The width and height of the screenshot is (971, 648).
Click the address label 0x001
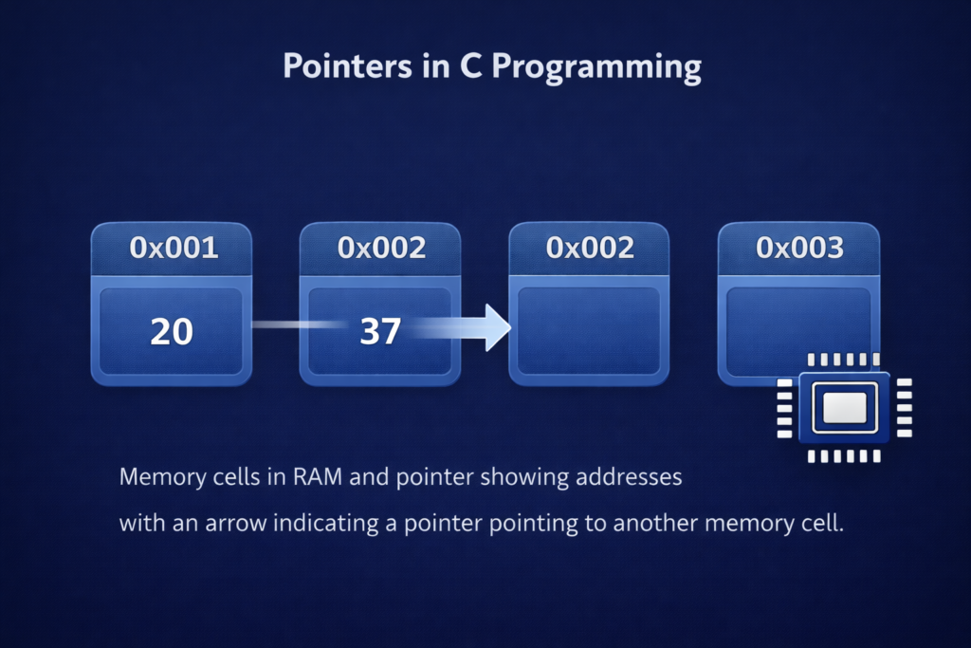[x=173, y=249]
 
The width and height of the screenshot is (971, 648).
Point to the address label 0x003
[x=799, y=249]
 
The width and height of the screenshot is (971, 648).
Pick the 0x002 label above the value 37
[x=381, y=249]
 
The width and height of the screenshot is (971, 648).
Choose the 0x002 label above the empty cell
[x=590, y=249]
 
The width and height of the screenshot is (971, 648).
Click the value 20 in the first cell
[x=172, y=331]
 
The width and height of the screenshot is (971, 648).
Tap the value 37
[x=380, y=331]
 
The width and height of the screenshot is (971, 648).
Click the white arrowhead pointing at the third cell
[x=496, y=328]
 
